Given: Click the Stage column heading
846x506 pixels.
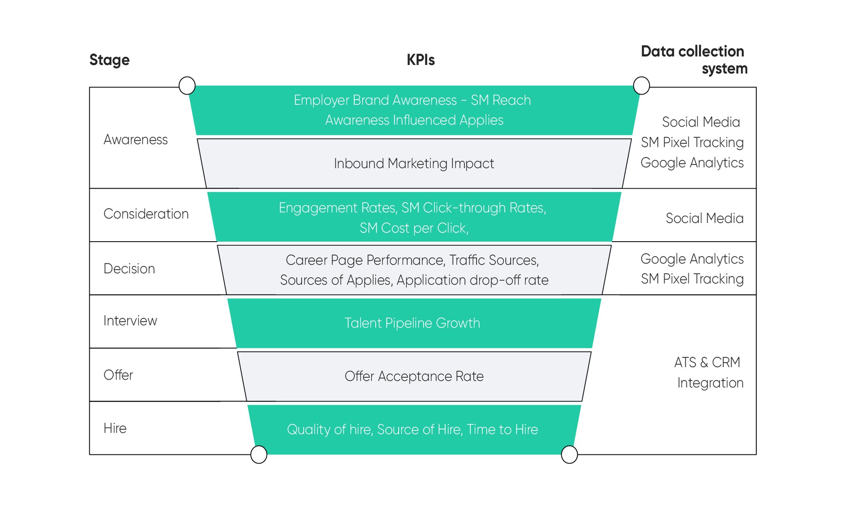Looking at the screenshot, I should tap(109, 60).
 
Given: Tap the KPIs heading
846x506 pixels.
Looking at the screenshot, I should tap(420, 60).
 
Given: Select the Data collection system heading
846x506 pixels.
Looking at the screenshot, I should tap(694, 60).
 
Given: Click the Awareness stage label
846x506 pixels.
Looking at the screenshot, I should tap(135, 139).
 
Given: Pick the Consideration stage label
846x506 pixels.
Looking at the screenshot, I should tap(146, 214).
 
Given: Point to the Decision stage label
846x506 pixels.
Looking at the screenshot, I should tap(129, 269).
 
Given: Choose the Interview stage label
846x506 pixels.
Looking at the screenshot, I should tap(130, 320).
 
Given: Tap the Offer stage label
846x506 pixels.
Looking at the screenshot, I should tap(118, 375).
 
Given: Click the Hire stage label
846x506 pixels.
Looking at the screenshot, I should tap(115, 428).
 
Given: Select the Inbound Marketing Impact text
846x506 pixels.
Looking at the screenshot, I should tap(414, 163).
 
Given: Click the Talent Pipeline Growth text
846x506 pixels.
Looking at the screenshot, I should tap(412, 323).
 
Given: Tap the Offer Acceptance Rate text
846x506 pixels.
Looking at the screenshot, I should tap(414, 376).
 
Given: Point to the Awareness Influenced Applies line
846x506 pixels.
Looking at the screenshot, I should tap(414, 120).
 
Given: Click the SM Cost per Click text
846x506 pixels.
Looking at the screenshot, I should tap(414, 228).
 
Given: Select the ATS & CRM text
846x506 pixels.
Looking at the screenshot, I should tap(707, 362).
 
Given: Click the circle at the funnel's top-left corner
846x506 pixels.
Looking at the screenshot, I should tap(187, 86).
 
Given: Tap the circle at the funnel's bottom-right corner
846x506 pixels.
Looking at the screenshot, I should tap(569, 454).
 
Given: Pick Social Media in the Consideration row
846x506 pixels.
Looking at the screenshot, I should tap(704, 218).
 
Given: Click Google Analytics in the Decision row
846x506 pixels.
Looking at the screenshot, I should tap(692, 259).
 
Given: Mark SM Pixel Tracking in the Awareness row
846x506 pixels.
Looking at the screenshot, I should tap(692, 142).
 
